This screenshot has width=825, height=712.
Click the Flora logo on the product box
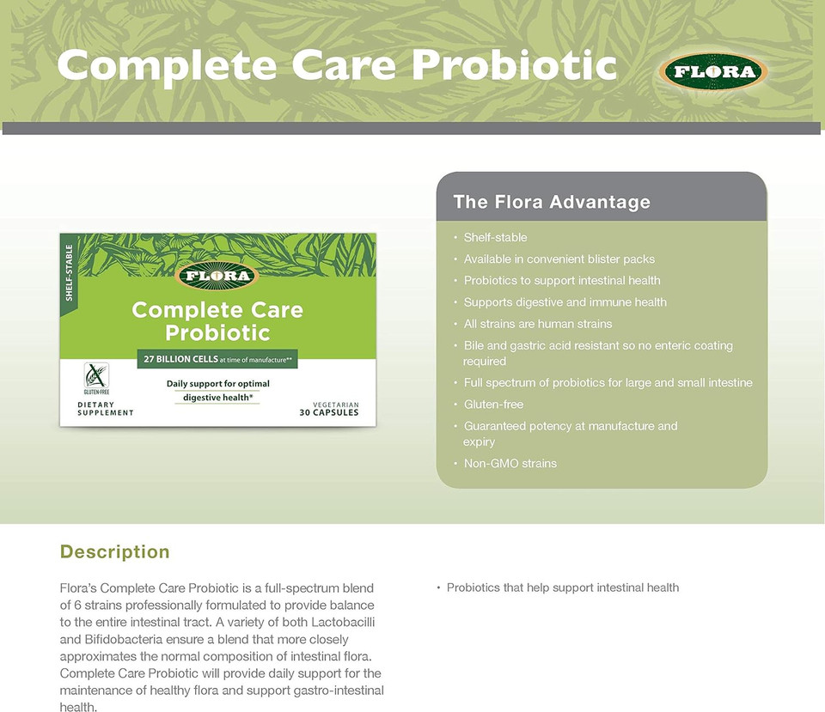coord(217,276)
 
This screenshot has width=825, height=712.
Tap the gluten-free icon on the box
coord(95,378)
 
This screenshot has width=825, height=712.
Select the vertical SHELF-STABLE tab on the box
coord(70,272)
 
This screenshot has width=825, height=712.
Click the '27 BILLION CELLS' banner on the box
coord(217,360)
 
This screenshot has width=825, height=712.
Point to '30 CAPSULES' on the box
coord(329,412)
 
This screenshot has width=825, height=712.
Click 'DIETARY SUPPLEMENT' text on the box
coord(106,409)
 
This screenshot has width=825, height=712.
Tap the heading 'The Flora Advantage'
coord(551,203)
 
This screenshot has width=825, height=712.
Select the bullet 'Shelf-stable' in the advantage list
coord(495,237)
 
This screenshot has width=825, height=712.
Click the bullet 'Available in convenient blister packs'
coord(559,259)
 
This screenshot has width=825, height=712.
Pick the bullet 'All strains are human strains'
coord(538,324)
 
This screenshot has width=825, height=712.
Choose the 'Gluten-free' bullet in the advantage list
coord(493,405)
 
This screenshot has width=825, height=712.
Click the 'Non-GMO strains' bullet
coord(510,464)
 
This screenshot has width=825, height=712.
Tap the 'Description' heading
coord(115,552)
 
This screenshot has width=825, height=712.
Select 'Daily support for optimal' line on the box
coord(217,383)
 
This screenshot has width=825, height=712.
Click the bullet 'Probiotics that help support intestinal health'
coord(563,587)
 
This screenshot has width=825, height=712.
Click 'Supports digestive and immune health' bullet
coord(565,302)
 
